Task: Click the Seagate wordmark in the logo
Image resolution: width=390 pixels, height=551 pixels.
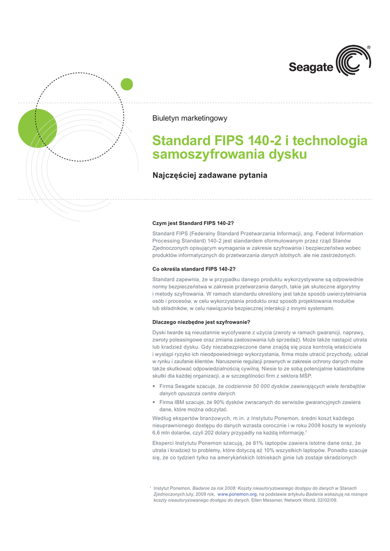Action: click(x=311, y=67)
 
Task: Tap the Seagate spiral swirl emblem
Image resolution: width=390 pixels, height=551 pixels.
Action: click(x=353, y=61)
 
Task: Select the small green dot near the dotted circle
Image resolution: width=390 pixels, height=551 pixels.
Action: click(x=126, y=84)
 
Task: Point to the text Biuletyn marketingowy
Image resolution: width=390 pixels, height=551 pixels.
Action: click(x=190, y=118)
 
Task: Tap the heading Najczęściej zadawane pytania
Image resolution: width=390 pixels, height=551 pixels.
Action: click(x=210, y=175)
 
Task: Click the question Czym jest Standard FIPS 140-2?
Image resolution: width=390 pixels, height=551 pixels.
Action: click(x=193, y=223)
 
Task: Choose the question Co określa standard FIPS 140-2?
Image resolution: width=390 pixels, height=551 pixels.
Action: click(x=195, y=269)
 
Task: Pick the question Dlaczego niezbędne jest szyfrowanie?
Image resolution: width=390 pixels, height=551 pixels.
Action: click(x=201, y=322)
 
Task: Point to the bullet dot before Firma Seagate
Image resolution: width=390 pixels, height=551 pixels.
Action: click(x=154, y=387)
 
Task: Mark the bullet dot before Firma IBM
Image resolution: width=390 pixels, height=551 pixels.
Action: click(x=154, y=402)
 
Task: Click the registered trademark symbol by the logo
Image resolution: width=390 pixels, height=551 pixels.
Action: click(x=368, y=48)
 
